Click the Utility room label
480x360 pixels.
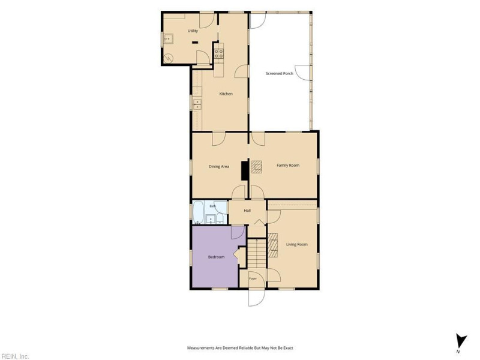click(x=193, y=31)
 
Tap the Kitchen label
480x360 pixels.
click(x=226, y=94)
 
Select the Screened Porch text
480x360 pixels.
click(x=279, y=73)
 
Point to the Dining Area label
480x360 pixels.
click(x=219, y=167)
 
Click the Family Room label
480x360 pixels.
click(x=288, y=166)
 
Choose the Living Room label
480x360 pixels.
click(x=296, y=244)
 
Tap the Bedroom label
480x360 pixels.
click(x=216, y=257)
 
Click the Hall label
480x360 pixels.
click(x=247, y=211)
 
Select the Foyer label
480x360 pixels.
click(x=253, y=278)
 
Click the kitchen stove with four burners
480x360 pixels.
click(x=219, y=54)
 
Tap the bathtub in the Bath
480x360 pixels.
click(x=198, y=212)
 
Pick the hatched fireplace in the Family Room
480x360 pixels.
click(x=257, y=167)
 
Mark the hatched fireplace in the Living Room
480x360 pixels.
click(x=273, y=245)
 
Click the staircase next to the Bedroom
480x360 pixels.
click(x=257, y=253)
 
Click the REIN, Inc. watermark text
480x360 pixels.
click(x=14, y=356)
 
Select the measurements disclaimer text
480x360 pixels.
click(x=240, y=348)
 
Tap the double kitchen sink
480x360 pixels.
click(x=197, y=104)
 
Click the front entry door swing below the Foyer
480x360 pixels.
click(x=257, y=296)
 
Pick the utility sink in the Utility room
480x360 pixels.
click(x=168, y=39)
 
